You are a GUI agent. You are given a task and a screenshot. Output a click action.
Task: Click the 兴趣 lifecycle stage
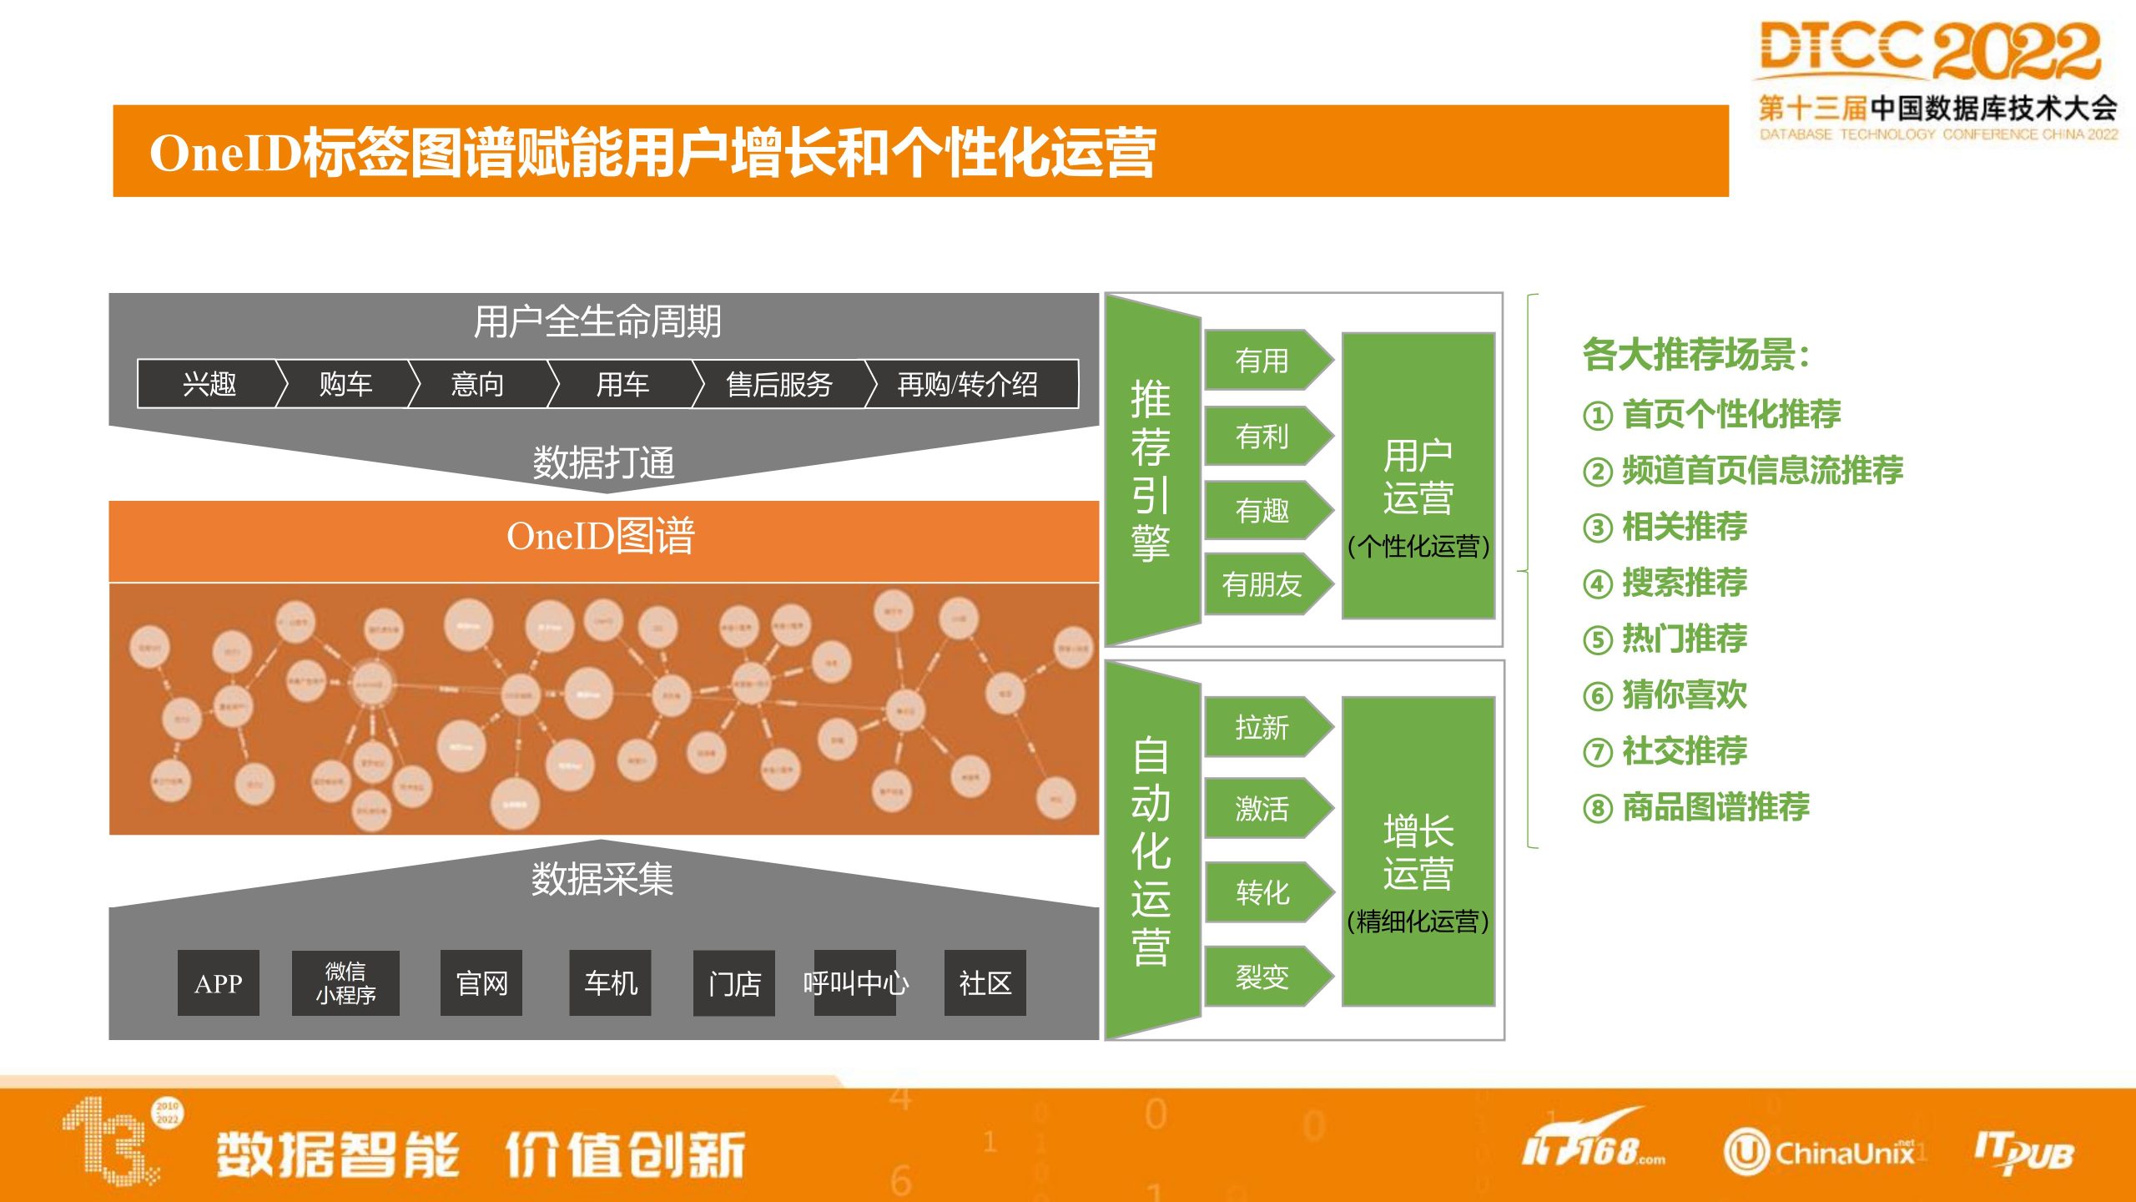click(209, 384)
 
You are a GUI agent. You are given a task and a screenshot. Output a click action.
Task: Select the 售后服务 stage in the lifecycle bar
click(779, 384)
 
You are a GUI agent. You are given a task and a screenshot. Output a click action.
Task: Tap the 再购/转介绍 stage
click(968, 384)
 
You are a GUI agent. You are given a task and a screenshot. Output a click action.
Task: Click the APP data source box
click(218, 983)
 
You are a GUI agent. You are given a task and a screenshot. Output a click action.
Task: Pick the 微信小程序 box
click(345, 983)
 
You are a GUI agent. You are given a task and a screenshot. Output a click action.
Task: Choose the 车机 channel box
click(610, 983)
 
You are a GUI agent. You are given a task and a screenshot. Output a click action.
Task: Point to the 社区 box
click(985, 983)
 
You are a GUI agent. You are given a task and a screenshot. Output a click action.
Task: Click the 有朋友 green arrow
click(1263, 584)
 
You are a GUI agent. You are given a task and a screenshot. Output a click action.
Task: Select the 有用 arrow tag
click(1263, 361)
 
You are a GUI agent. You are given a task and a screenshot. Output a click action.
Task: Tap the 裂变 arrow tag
click(1263, 976)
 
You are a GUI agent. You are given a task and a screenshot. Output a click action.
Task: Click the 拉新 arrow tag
click(1263, 727)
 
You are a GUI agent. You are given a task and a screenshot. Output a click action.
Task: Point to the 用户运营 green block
click(1418, 476)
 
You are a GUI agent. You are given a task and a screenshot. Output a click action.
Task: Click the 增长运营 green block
click(1418, 851)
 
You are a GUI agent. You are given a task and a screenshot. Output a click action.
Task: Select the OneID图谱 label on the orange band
click(601, 536)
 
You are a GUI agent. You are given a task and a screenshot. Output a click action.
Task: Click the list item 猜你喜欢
click(1684, 694)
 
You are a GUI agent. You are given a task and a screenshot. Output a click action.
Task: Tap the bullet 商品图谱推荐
click(1715, 807)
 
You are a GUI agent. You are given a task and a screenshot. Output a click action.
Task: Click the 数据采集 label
click(602, 879)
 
